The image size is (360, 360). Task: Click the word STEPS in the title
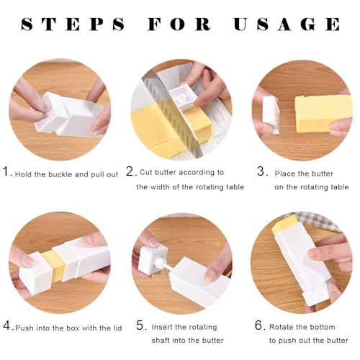(73, 24)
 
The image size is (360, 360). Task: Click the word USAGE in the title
(287, 24)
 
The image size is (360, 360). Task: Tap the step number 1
(6, 171)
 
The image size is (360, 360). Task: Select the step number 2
(130, 171)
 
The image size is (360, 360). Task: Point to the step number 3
(261, 171)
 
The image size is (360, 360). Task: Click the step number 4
(6, 325)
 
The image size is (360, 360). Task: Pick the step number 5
(140, 325)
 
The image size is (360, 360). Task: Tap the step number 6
(259, 325)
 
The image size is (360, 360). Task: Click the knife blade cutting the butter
(174, 115)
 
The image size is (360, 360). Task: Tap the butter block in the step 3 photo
(323, 114)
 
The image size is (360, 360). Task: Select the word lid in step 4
(117, 328)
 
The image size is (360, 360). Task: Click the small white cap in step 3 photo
(271, 115)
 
